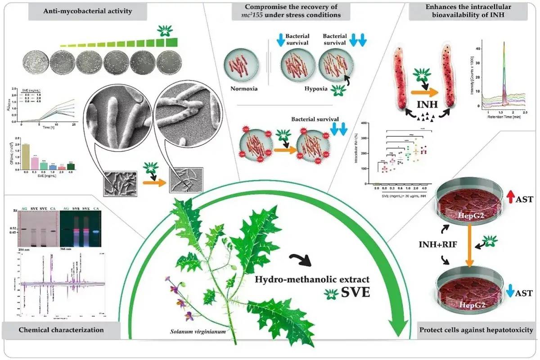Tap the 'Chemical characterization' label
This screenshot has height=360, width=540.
[61, 330]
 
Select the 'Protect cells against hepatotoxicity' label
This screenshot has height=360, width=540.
[476, 330]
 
